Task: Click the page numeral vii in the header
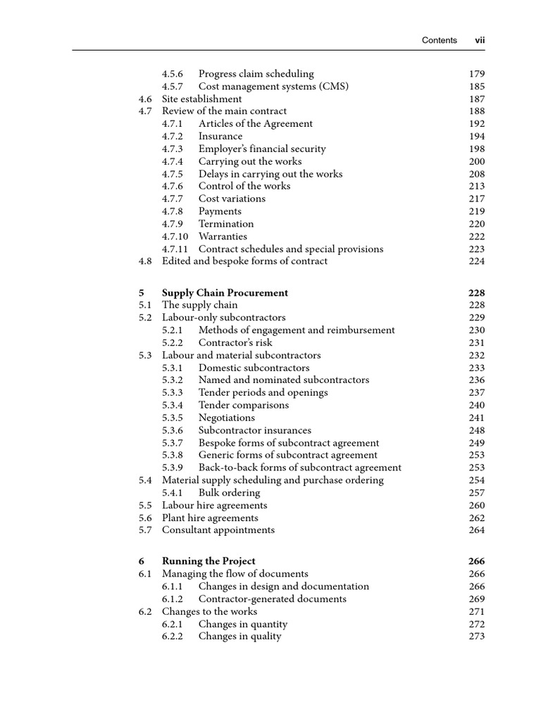[480, 40]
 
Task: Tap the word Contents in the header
[439, 40]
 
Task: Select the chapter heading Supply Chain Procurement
[225, 293]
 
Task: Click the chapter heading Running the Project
[209, 561]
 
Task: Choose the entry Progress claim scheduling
[256, 74]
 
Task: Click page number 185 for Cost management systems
[477, 87]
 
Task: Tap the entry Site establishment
[201, 99]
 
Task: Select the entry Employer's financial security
[262, 149]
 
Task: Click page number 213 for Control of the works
[477, 187]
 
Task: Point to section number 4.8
[146, 261]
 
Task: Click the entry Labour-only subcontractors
[223, 318]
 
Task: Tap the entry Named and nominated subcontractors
[283, 380]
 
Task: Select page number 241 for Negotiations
[477, 418]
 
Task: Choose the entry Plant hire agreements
[210, 518]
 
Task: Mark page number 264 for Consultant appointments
[477, 530]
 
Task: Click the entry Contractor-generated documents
[272, 599]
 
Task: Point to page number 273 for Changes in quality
[477, 637]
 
